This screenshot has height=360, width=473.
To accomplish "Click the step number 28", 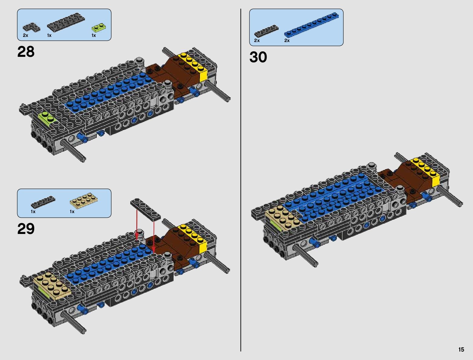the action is click(x=26, y=52).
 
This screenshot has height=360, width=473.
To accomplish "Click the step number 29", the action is click(x=26, y=229).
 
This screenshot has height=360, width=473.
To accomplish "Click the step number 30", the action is click(x=258, y=57).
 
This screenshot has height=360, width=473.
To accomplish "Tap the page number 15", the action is click(x=461, y=349).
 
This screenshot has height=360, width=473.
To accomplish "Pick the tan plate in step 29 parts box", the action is click(x=84, y=201).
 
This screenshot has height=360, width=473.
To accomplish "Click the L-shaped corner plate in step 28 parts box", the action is click(x=31, y=28).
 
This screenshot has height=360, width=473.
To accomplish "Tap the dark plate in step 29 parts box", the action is click(x=43, y=202).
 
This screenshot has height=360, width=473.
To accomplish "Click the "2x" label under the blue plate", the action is click(x=287, y=41).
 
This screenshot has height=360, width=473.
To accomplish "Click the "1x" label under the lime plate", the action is click(x=94, y=35).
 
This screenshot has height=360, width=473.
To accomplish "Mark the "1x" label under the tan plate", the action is click(x=72, y=212).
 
